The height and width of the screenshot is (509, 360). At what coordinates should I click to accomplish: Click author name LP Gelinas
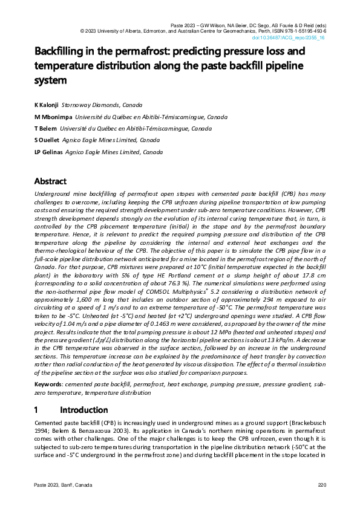[x=48, y=152]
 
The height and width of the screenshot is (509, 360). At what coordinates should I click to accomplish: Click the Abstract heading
[x=50, y=181]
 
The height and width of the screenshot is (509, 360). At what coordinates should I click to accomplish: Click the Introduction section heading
[x=83, y=410]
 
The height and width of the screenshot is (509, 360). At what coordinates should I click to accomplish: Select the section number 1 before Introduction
[x=37, y=410]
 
